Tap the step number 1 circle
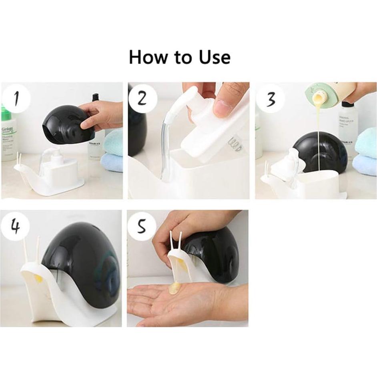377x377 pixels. click(16, 98)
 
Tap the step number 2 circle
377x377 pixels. click(142, 98)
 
